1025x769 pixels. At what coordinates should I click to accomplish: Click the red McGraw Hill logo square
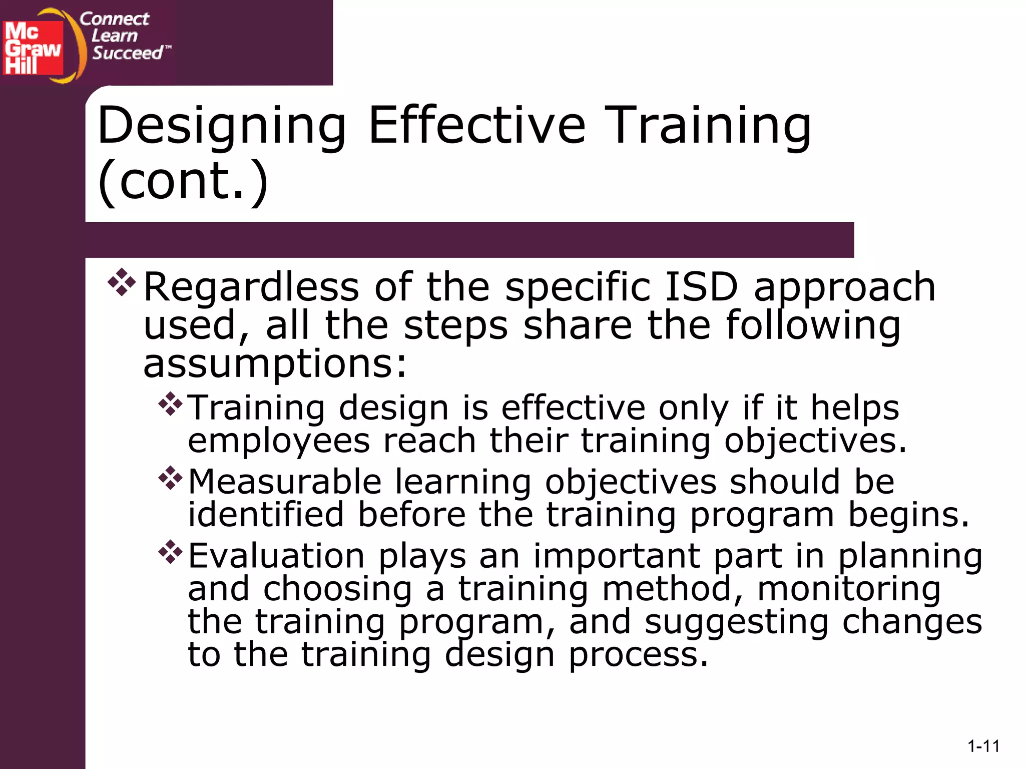pos(33,48)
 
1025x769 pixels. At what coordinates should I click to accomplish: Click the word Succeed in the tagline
pos(128,53)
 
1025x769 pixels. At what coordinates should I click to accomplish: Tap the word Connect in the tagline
pos(114,19)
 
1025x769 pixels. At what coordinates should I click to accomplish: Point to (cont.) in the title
pos(183,181)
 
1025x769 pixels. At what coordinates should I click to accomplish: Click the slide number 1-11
pos(983,746)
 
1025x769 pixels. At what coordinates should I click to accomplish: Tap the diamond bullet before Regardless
pos(122,282)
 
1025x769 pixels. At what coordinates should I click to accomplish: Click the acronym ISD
pos(701,287)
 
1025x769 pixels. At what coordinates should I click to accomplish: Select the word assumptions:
pos(275,364)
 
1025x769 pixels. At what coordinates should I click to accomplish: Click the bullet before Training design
pos(171,404)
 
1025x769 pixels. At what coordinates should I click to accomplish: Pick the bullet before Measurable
pos(171,478)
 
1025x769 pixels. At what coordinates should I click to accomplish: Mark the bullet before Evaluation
pos(171,552)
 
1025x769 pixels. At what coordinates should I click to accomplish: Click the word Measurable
pos(285,482)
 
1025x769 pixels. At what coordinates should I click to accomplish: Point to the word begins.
pos(908,515)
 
